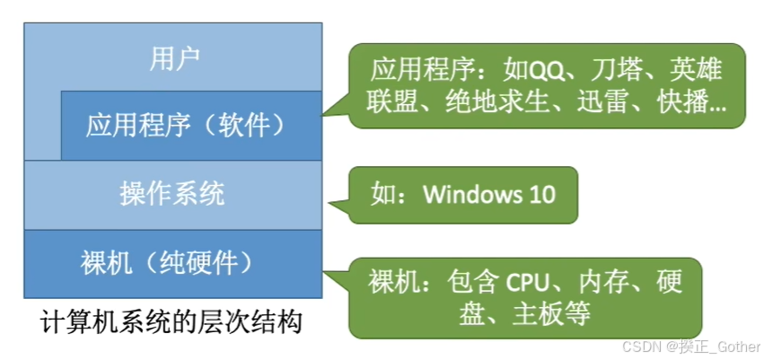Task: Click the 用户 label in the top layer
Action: click(x=173, y=59)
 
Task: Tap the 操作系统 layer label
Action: click(x=172, y=194)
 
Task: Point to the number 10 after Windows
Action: click(x=542, y=194)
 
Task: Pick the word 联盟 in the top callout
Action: click(x=392, y=102)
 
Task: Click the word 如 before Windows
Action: click(x=382, y=194)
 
